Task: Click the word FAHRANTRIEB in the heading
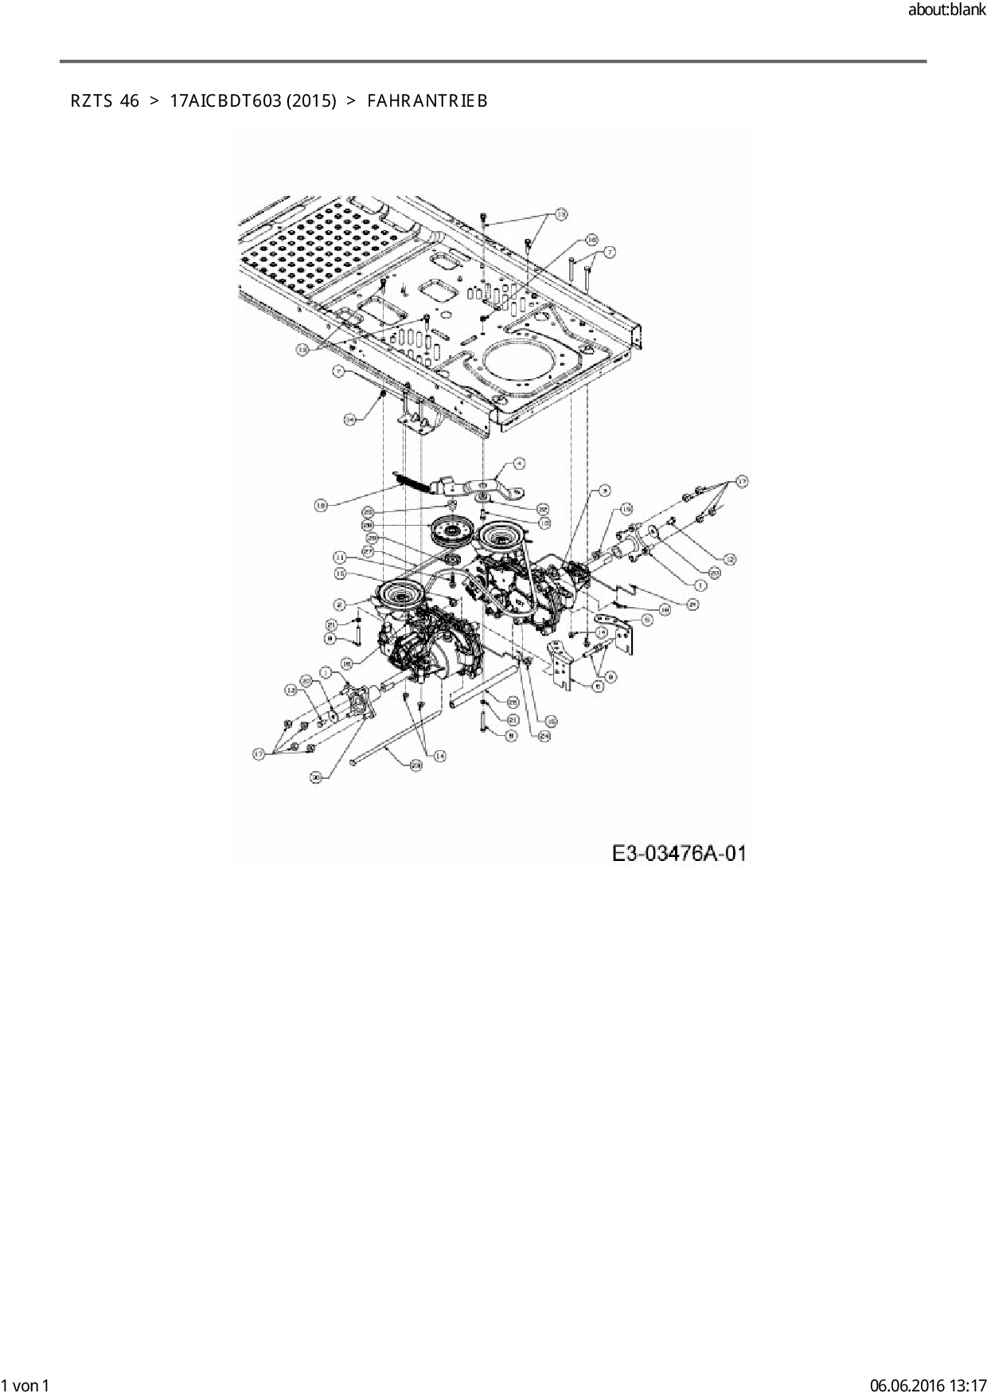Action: pos(427,101)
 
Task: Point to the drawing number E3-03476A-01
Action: pos(679,854)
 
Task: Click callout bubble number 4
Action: pos(518,463)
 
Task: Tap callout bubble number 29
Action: pos(415,765)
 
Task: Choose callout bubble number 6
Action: pos(598,687)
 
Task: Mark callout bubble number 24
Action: pos(544,737)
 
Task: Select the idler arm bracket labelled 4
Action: pos(478,486)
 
